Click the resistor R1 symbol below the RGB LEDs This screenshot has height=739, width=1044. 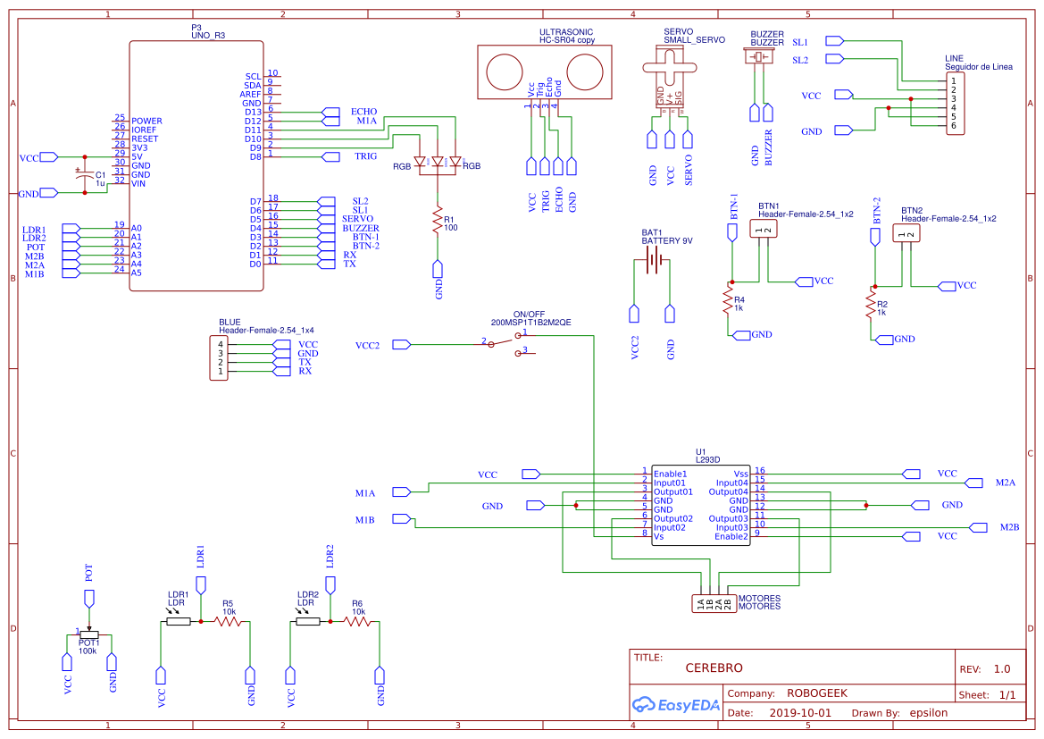pyautogui.click(x=438, y=220)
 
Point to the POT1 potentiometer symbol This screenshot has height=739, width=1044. pyautogui.click(x=88, y=634)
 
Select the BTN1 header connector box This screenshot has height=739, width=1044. pyautogui.click(x=762, y=230)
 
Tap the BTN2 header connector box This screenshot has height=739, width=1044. pyautogui.click(x=906, y=234)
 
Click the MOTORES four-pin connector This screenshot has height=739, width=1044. pyautogui.click(x=714, y=603)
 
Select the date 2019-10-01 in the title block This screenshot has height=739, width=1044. pyautogui.click(x=799, y=713)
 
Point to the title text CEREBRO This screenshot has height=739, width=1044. pyautogui.click(x=714, y=668)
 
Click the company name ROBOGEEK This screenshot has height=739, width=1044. pyautogui.click(x=816, y=693)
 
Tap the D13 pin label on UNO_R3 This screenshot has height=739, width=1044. pyautogui.click(x=253, y=112)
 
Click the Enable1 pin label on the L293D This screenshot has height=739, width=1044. pyautogui.click(x=670, y=474)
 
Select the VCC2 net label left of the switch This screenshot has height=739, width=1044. pyautogui.click(x=367, y=345)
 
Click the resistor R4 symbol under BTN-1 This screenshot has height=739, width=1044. pyautogui.click(x=731, y=302)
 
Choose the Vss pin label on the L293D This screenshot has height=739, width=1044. pyautogui.click(x=740, y=474)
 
